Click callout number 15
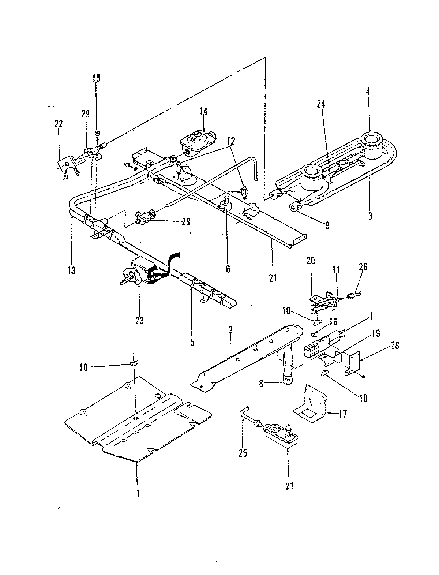coord(96,78)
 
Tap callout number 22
coord(58,124)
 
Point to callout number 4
coord(368,92)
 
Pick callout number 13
coord(71,270)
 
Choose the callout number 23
coord(139,321)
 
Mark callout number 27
coord(289,486)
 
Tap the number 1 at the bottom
coord(138,493)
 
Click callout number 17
coord(342,414)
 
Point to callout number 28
coord(186,222)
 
